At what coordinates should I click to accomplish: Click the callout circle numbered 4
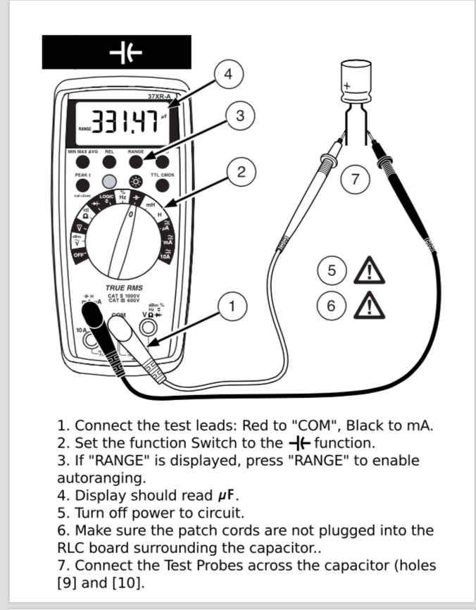[x=227, y=73]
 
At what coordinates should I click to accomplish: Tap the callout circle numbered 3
[x=240, y=116]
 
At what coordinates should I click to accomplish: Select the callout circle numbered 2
[x=241, y=171]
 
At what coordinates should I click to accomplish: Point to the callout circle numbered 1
[x=232, y=306]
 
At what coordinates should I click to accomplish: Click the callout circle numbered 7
[x=355, y=179]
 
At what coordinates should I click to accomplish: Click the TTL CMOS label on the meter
[x=162, y=174]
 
